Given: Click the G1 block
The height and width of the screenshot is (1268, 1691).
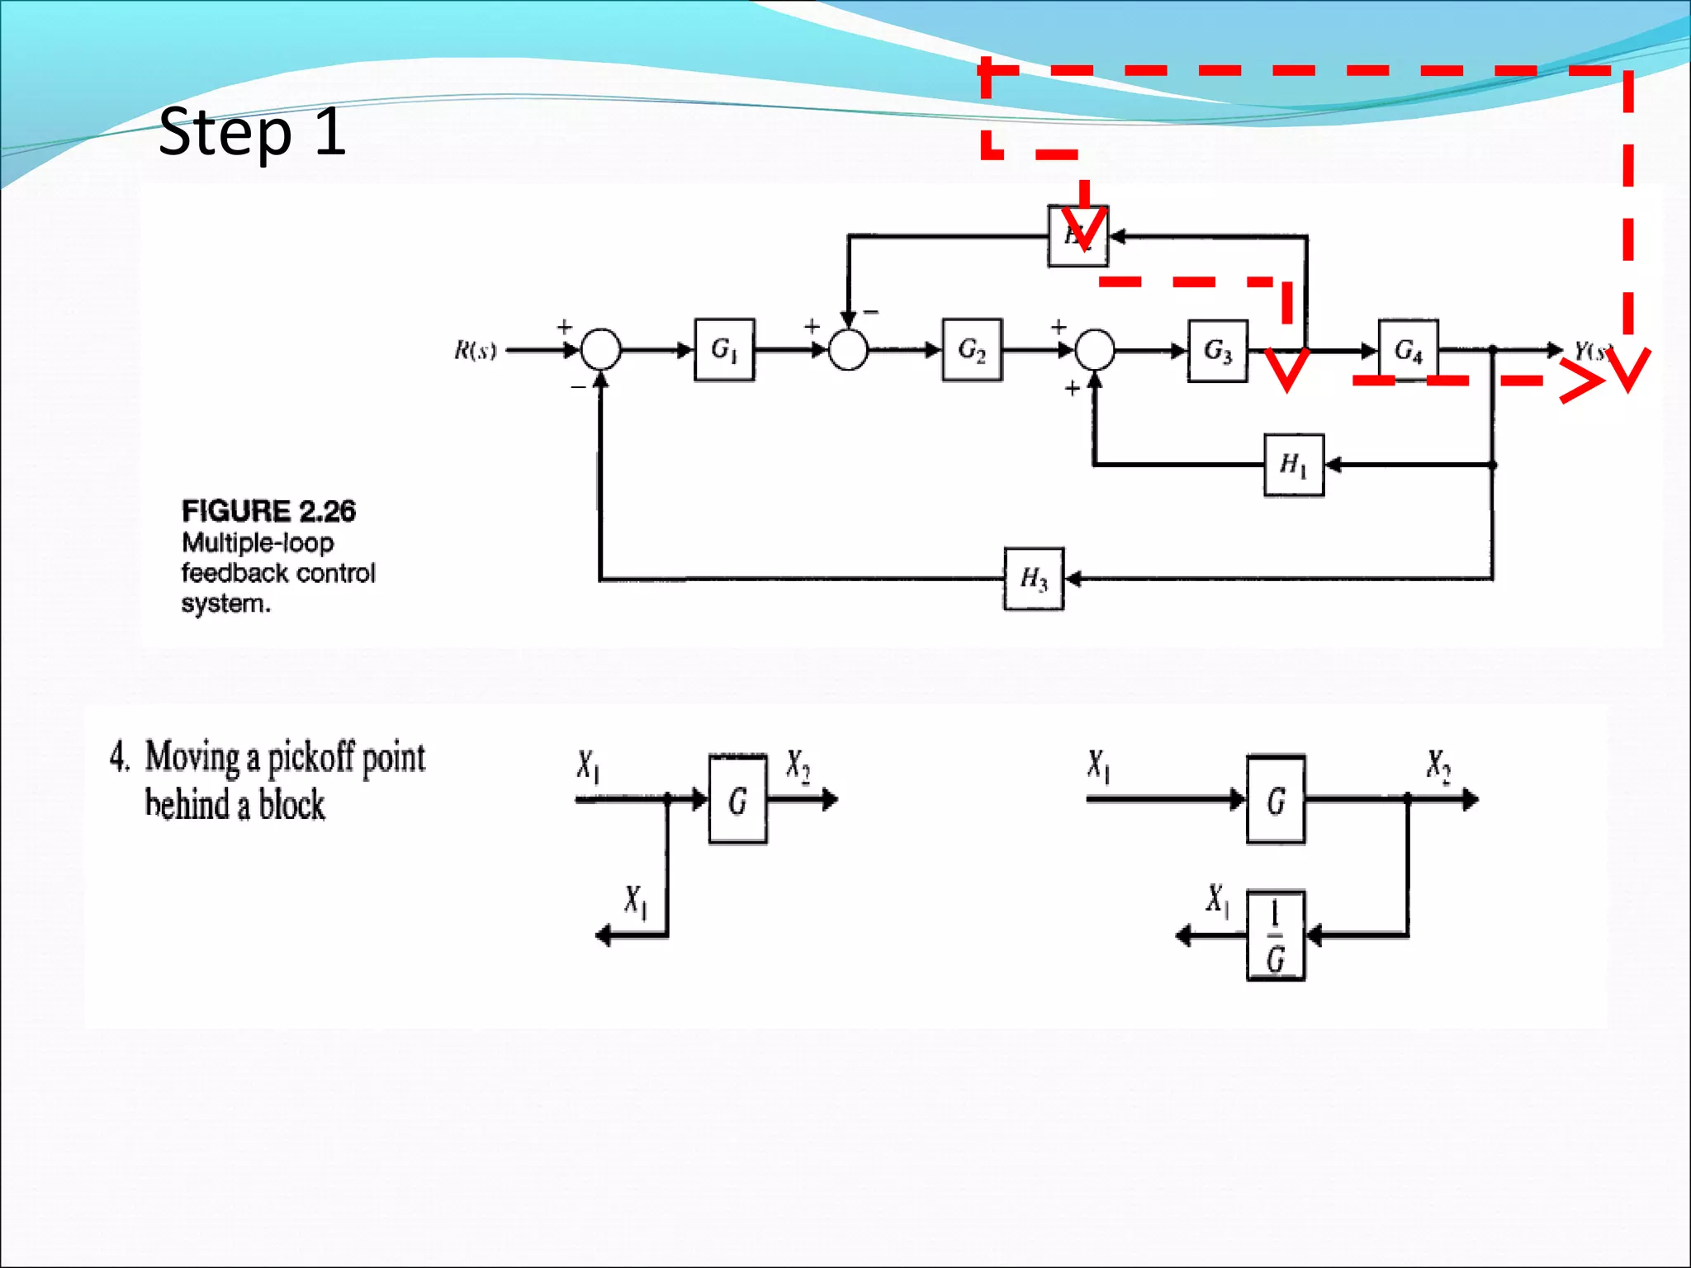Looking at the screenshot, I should click(x=724, y=350).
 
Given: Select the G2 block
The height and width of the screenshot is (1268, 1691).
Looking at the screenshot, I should click(x=972, y=350).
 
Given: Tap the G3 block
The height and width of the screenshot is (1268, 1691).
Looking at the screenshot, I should click(x=1217, y=351).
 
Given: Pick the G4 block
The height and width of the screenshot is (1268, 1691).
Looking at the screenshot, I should click(x=1409, y=350).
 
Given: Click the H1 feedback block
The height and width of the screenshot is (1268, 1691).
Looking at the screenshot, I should click(x=1294, y=465).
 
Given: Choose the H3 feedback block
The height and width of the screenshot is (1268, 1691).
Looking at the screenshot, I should click(x=1034, y=579).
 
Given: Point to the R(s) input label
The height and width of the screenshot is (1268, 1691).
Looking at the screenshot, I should click(x=476, y=350).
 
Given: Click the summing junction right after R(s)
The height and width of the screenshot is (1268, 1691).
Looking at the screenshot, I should click(x=600, y=350).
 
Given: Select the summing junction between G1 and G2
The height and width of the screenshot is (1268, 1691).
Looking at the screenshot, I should click(x=848, y=350).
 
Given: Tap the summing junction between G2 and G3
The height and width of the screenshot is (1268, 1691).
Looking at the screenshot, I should click(x=1095, y=350).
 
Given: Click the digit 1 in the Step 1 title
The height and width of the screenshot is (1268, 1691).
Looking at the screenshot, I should click(x=329, y=132).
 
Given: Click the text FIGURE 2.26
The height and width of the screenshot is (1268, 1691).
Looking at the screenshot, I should click(x=268, y=511).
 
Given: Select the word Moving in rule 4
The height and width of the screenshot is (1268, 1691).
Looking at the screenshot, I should click(x=192, y=757).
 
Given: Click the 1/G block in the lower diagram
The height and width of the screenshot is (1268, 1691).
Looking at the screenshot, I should click(x=1276, y=935).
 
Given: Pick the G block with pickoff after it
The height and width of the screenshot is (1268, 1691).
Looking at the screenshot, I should click(x=1276, y=800).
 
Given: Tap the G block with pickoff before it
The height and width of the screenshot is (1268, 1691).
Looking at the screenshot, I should click(x=737, y=800).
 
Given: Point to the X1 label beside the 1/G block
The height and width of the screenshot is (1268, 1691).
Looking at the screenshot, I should click(x=1217, y=900).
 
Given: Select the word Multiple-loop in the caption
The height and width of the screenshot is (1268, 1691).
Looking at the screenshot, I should click(x=258, y=543).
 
